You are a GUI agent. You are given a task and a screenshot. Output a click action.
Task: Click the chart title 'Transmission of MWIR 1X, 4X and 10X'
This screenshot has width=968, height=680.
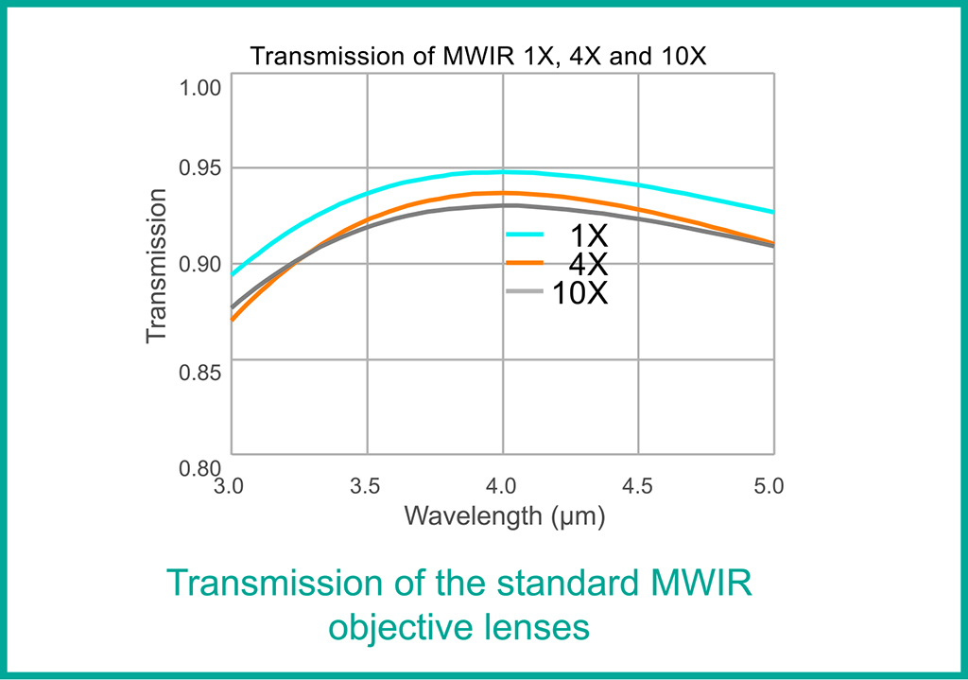pyautogui.click(x=478, y=57)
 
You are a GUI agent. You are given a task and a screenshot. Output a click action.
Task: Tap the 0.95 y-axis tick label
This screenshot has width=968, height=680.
pyautogui.click(x=199, y=169)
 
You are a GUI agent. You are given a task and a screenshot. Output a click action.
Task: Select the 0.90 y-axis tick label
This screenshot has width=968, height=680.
pyautogui.click(x=199, y=265)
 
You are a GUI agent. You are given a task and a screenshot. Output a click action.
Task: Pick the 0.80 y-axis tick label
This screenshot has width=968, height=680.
pyautogui.click(x=199, y=467)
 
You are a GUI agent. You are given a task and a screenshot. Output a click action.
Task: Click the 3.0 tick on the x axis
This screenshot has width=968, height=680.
pyautogui.click(x=229, y=487)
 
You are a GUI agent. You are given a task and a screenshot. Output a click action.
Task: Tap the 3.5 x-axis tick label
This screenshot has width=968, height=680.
pyautogui.click(x=365, y=487)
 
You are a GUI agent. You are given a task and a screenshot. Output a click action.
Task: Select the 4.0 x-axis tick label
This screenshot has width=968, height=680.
pyautogui.click(x=502, y=487)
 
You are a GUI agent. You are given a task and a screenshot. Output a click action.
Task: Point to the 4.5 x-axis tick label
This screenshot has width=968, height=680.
pyautogui.click(x=638, y=487)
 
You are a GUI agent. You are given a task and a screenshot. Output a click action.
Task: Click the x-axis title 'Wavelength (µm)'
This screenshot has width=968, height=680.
pyautogui.click(x=504, y=516)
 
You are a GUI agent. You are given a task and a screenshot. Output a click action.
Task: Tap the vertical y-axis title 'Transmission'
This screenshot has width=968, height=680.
pyautogui.click(x=157, y=266)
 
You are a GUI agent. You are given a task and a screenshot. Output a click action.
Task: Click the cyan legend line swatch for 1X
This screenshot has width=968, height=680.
pyautogui.click(x=525, y=234)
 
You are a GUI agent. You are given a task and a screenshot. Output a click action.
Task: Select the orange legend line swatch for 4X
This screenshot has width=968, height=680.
pyautogui.click(x=525, y=262)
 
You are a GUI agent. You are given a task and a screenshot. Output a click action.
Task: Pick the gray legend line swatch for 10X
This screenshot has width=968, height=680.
pyautogui.click(x=525, y=292)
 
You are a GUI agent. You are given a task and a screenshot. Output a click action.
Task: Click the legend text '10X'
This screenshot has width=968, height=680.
pyautogui.click(x=579, y=294)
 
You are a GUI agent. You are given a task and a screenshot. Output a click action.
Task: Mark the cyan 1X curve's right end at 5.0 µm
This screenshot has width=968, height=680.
pyautogui.click(x=773, y=212)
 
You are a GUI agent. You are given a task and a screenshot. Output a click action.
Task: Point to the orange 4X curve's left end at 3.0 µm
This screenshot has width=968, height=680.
pyautogui.click(x=233, y=320)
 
